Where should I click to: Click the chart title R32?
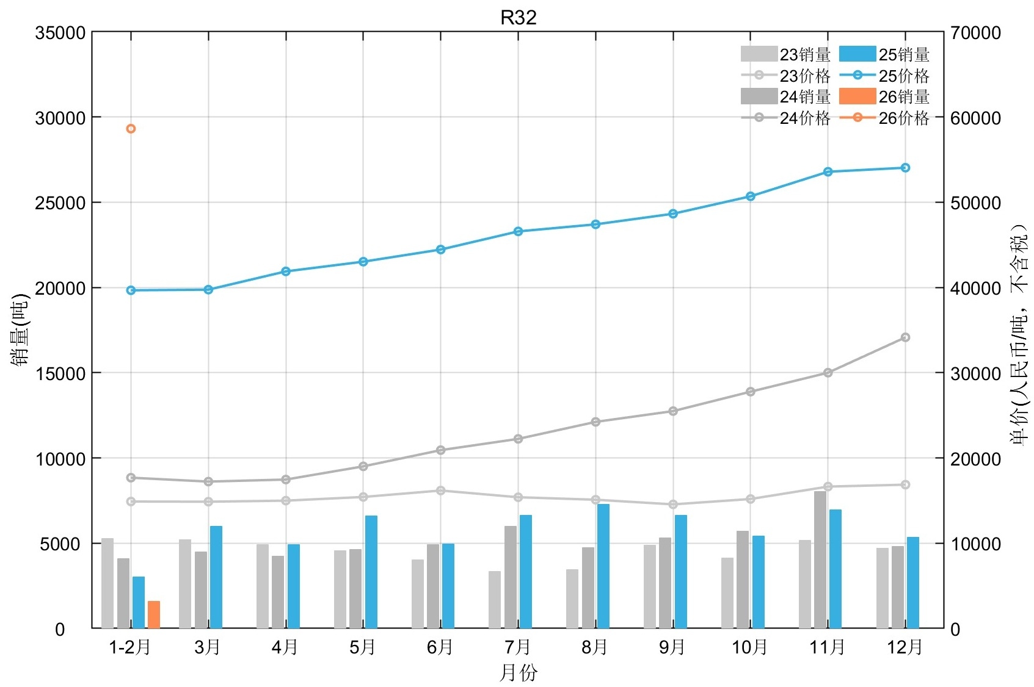[x=518, y=18]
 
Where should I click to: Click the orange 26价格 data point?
[x=131, y=129]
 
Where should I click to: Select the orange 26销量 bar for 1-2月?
[x=154, y=614]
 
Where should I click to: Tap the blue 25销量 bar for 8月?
[x=603, y=566]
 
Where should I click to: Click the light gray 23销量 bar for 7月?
[x=495, y=600]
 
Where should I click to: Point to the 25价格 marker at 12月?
[x=905, y=168]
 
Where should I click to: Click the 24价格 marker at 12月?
[x=905, y=337]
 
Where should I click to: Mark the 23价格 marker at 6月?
[x=440, y=491]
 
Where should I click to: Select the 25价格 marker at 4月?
[x=285, y=272]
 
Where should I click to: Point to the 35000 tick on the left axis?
[x=60, y=33]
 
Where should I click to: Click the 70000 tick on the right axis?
[x=976, y=33]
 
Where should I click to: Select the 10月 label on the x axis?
[x=750, y=647]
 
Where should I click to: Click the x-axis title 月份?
[x=518, y=672]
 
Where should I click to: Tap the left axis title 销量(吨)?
[x=20, y=329]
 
